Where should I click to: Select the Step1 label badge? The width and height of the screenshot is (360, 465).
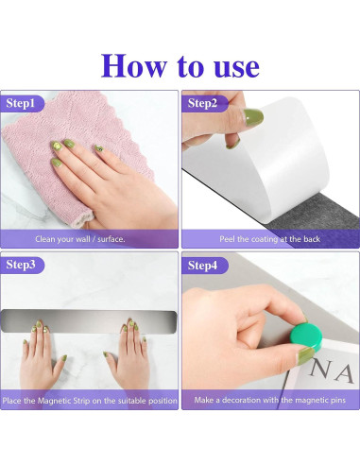(23, 103)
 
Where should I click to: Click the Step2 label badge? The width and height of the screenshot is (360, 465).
(204, 103)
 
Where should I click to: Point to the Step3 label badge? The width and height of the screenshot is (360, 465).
(23, 265)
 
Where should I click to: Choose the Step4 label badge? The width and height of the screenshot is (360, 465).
(204, 266)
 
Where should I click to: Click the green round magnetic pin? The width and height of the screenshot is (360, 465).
(306, 337)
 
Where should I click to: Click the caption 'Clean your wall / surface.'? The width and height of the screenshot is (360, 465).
(80, 239)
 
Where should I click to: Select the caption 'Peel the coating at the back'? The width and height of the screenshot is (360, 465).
(269, 239)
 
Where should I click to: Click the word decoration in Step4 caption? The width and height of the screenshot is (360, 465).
(241, 400)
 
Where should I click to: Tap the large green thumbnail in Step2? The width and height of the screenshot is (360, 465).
(253, 117)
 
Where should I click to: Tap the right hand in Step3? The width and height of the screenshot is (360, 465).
(129, 356)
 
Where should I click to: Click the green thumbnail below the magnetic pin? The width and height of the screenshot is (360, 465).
(305, 356)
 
